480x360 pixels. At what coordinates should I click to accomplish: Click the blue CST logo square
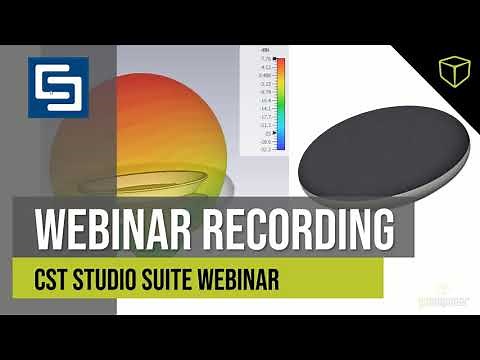click(x=58, y=89)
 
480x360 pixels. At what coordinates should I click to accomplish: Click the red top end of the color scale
click(x=281, y=64)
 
